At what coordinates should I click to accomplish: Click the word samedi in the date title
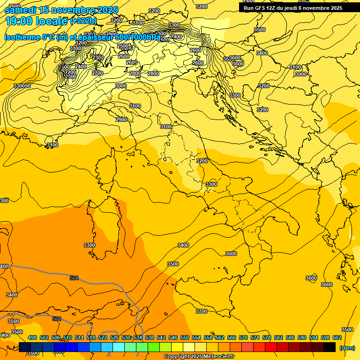tap(20, 10)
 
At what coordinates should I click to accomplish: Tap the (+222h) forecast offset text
tap(83, 21)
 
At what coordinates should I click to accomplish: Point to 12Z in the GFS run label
tap(270, 8)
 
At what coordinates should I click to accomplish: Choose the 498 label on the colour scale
tap(32, 337)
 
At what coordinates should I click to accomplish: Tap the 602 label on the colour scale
tap(337, 337)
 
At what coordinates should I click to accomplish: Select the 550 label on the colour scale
tap(185, 337)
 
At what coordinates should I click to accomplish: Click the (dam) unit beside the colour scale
tap(347, 348)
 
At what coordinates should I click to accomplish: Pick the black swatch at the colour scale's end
tap(330, 347)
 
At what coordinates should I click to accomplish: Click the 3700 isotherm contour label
tap(201, 311)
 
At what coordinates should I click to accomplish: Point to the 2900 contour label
tap(121, 120)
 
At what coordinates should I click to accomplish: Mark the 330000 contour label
tap(22, 86)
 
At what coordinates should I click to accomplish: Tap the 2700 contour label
tap(97, 74)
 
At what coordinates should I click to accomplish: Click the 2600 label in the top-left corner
tap(15, 6)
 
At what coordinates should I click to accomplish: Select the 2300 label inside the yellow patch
tap(97, 58)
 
